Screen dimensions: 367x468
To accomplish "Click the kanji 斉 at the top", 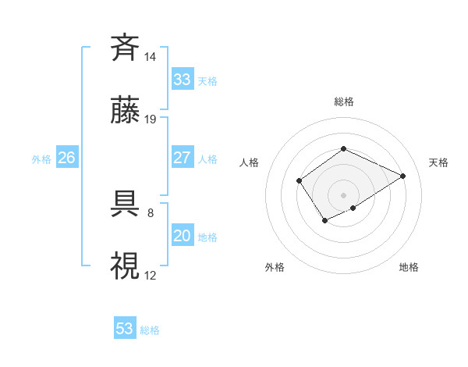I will click(x=126, y=48).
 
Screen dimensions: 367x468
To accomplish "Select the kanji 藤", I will click(x=126, y=111).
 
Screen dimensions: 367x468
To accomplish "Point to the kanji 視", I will click(x=126, y=265).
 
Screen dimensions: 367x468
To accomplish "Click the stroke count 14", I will click(x=151, y=56).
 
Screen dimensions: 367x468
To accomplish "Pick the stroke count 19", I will click(x=151, y=119).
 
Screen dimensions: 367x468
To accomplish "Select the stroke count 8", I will click(x=150, y=211).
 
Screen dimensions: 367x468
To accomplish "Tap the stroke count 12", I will click(x=151, y=274).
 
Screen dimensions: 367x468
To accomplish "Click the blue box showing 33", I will click(x=182, y=80).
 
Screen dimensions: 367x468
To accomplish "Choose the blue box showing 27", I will click(x=182, y=158).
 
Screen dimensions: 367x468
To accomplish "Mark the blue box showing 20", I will click(x=182, y=236).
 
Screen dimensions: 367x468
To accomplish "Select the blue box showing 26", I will click(x=66, y=158).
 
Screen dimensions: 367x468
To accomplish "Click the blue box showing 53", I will click(x=125, y=329).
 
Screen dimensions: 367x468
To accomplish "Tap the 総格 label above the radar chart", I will click(x=343, y=102).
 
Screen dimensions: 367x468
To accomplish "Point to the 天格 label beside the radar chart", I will click(x=438, y=162).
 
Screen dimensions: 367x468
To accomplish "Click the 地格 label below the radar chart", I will click(x=409, y=267).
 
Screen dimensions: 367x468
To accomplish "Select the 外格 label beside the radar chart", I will click(x=275, y=267).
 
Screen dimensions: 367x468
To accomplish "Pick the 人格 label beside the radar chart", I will click(x=250, y=162).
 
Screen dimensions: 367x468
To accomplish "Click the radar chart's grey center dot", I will click(x=343, y=194).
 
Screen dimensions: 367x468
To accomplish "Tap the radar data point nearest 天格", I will click(x=403, y=176).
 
